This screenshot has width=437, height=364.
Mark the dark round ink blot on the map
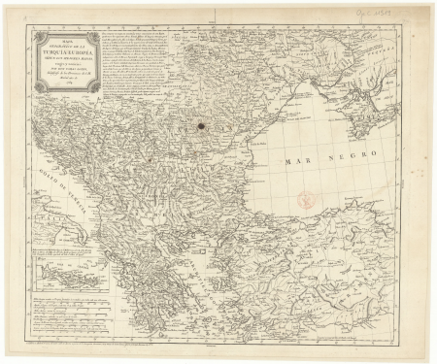point(202,124)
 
